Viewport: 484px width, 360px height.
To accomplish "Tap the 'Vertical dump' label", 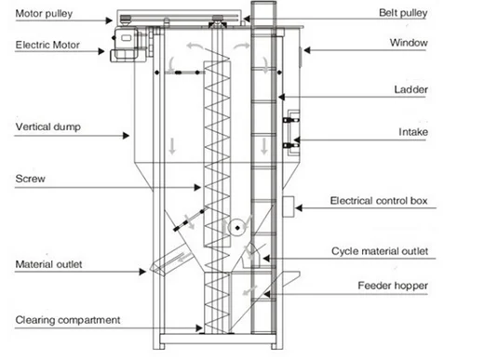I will coord(43,124).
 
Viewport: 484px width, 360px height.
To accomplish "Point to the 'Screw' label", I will coord(29,177).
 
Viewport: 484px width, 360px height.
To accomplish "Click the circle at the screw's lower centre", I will coord(237,227).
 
